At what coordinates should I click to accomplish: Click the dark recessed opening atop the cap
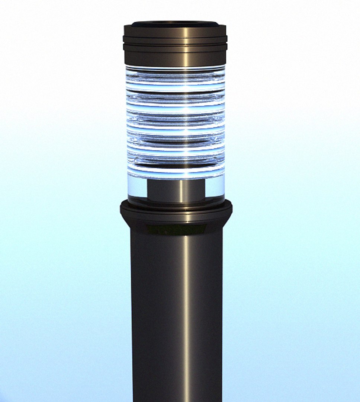[x=175, y=24]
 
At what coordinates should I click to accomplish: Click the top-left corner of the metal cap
[x=125, y=26]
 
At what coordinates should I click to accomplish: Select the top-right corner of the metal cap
[x=225, y=26]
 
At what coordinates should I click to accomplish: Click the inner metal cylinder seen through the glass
[x=164, y=191]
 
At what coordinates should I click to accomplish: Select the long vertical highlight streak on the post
[x=186, y=316]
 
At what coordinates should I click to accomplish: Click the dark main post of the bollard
[x=156, y=316]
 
